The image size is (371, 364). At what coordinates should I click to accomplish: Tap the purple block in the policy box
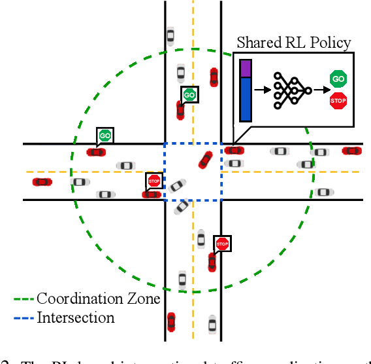click(x=246, y=68)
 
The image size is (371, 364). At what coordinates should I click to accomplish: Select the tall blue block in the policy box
click(x=246, y=100)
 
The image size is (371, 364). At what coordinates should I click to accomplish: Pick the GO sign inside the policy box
click(x=338, y=80)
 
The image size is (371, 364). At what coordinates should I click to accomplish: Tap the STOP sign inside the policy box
click(x=338, y=101)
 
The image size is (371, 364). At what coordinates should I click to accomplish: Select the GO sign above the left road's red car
click(x=105, y=136)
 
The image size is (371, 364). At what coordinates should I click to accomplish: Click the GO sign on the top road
click(x=189, y=95)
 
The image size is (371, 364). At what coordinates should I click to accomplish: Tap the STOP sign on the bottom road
click(x=222, y=244)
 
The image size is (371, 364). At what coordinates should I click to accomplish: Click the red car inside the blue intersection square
click(x=205, y=160)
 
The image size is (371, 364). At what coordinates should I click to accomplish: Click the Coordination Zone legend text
click(x=98, y=299)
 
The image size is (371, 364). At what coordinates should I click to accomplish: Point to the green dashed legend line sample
click(x=24, y=300)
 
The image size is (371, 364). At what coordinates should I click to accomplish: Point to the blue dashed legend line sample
click(x=24, y=319)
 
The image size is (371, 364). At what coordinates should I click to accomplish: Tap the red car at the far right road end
click(x=351, y=151)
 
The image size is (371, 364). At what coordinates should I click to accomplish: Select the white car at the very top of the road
click(x=170, y=35)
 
